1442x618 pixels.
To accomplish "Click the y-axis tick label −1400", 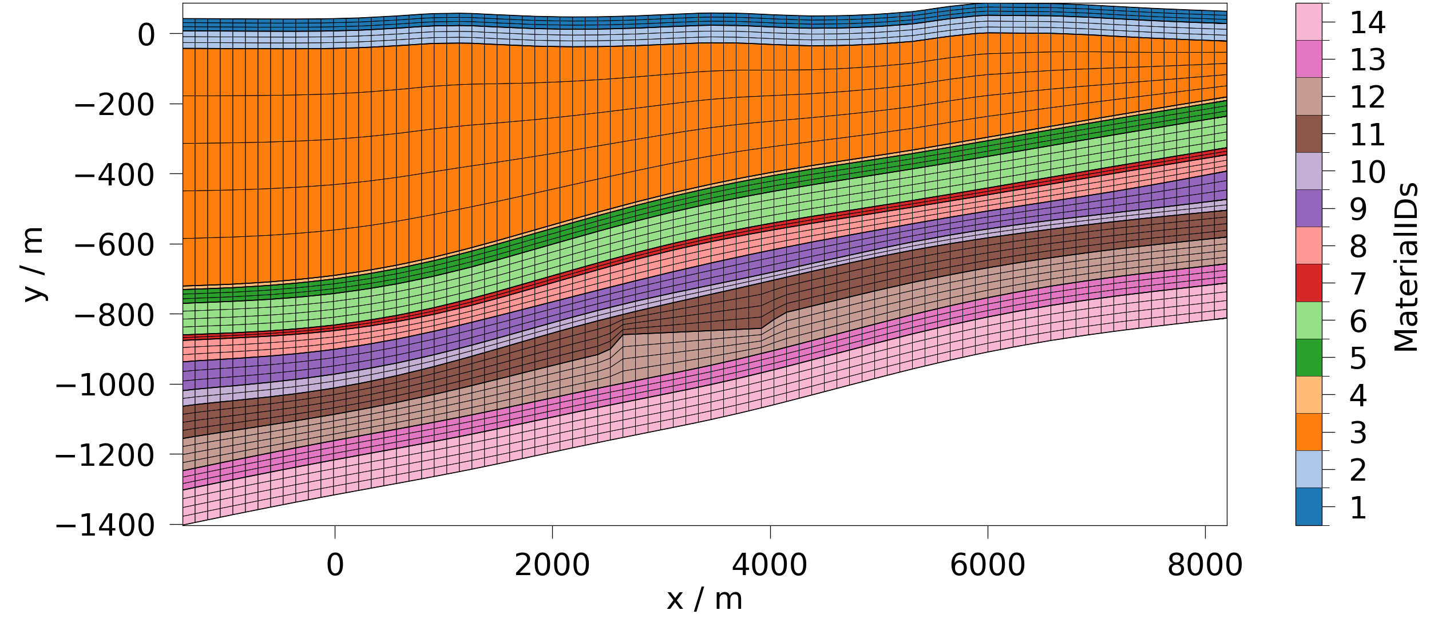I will pyautogui.click(x=105, y=526).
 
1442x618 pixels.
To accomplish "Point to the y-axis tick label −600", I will pyautogui.click(x=114, y=245).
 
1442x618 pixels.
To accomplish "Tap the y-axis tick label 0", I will pyautogui.click(x=146, y=35).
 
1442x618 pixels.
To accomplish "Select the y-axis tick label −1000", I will pyautogui.click(x=105, y=386).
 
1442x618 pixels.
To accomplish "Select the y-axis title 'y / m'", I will pyautogui.click(x=33, y=264).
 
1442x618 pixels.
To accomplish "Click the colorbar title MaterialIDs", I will pyautogui.click(x=1406, y=267).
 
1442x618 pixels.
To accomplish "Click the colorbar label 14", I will pyautogui.click(x=1368, y=23).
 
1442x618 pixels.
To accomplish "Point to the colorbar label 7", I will pyautogui.click(x=1358, y=284).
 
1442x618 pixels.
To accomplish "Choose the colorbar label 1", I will pyautogui.click(x=1358, y=508).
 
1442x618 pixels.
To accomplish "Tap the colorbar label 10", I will pyautogui.click(x=1368, y=172).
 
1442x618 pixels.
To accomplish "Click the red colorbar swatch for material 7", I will pyautogui.click(x=1309, y=283).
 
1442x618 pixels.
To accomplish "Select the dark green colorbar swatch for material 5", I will pyautogui.click(x=1309, y=358).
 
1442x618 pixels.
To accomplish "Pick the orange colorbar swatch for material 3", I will pyautogui.click(x=1309, y=432).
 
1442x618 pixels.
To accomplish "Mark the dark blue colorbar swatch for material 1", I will pyautogui.click(x=1309, y=506).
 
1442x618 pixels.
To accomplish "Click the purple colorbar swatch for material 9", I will pyautogui.click(x=1309, y=208).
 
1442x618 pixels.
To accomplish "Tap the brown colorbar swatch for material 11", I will pyautogui.click(x=1309, y=134).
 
